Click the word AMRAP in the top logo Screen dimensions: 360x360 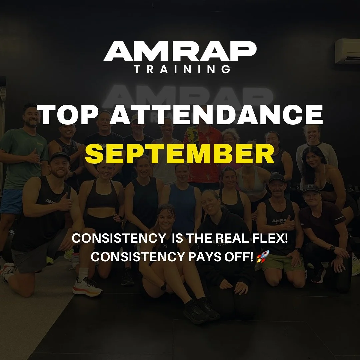(x=180, y=52)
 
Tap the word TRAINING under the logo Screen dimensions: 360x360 (x=182, y=69)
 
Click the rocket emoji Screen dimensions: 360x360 (x=261, y=257)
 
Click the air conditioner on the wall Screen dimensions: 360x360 (x=347, y=51)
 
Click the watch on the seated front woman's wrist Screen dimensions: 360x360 (x=164, y=286)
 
